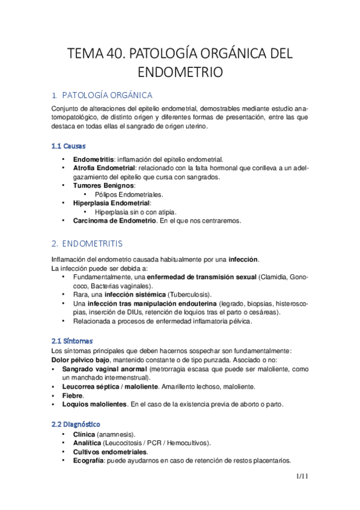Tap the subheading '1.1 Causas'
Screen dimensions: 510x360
pos(69,146)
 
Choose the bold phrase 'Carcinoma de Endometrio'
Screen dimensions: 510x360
pos(114,221)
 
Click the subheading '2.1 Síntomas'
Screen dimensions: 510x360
pos(72,341)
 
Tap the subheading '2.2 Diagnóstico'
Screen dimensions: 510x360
pos(76,425)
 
